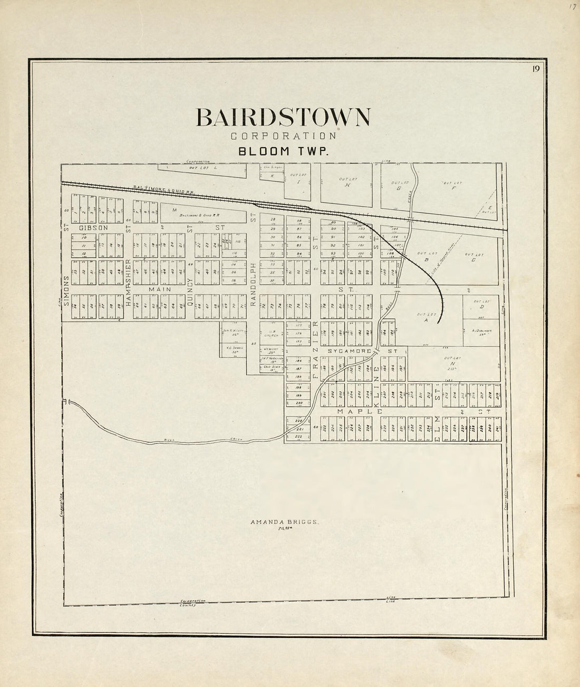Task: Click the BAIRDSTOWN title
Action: point(283,118)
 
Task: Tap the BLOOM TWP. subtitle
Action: point(283,151)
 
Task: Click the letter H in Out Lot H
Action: point(347,185)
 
